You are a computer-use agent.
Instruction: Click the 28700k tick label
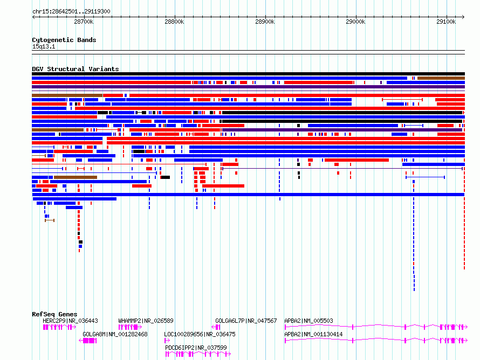pos(84,22)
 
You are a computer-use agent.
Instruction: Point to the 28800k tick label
pos(174,22)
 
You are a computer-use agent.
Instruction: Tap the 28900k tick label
pos(265,22)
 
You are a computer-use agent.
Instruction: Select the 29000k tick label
pos(355,22)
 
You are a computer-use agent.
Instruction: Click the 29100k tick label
pos(446,22)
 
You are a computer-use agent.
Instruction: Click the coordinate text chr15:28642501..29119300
pos(71,12)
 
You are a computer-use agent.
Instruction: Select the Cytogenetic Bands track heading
pos(64,40)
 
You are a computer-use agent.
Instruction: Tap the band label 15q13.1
pos(44,46)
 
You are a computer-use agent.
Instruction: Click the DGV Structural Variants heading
pos(76,69)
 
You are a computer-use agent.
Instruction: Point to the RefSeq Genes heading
pos(54,314)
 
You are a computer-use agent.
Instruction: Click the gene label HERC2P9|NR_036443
pos(71,321)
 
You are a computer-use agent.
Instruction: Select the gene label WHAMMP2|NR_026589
pos(146,321)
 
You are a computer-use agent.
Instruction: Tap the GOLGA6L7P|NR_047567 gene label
pos(246,321)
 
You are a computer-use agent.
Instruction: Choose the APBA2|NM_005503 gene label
pos(308,321)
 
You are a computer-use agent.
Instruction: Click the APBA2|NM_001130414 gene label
pos(313,334)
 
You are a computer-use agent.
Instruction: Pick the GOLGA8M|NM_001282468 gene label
pos(115,334)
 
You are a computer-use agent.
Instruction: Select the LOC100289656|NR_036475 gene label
pos(200,334)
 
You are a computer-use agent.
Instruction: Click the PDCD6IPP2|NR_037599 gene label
pos(196,348)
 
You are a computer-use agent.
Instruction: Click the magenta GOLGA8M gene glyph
pos(88,341)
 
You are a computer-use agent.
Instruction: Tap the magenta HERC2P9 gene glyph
pos(59,327)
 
